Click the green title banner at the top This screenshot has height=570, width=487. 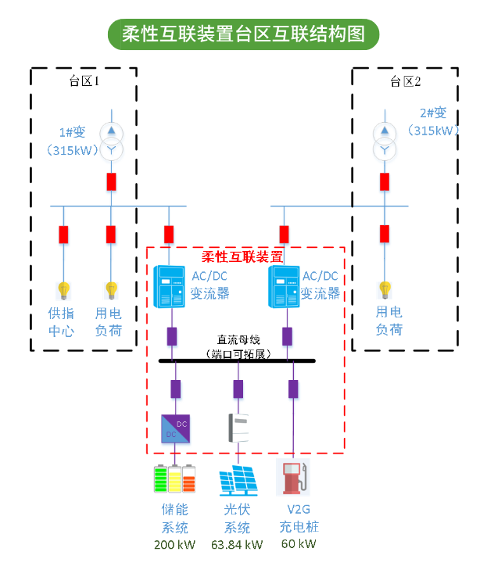tap(243, 34)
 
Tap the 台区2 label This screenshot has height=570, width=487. tap(405, 81)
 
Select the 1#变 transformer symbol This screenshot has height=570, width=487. tap(111, 139)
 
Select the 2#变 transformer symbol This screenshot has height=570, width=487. tap(385, 139)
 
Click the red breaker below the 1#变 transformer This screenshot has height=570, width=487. tap(111, 181)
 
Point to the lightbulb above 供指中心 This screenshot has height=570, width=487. tap(63, 291)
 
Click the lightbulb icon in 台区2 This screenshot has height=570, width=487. tap(385, 290)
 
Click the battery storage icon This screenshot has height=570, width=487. tap(174, 479)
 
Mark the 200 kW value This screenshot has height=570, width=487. tap(174, 544)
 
